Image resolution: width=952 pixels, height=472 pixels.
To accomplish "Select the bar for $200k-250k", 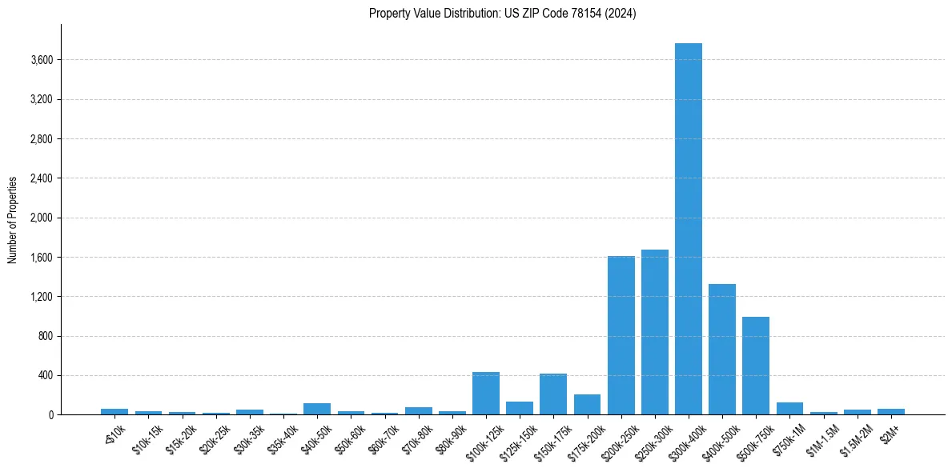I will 621,335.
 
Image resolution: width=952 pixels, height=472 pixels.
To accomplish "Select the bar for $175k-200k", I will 587,405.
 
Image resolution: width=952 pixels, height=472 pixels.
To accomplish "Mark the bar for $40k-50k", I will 317,409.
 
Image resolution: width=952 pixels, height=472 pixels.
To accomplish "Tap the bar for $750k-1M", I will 789,409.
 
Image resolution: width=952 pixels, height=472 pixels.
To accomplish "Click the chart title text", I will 502,14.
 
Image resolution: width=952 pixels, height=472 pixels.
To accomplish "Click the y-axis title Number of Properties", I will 13,220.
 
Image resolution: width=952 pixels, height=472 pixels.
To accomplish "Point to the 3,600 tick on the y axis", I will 41,60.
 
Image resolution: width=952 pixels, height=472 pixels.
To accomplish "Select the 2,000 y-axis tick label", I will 41,218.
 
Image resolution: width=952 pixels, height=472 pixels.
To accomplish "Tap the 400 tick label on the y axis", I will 45,375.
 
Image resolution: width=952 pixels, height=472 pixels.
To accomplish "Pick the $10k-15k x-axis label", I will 148,436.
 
